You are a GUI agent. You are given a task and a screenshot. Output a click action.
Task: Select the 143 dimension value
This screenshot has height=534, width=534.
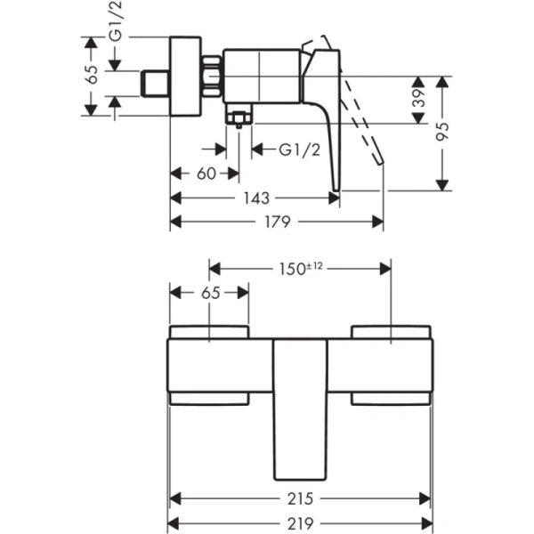pos(255,198)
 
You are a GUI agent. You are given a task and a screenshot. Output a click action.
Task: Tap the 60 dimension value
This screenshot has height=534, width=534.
pos(206,174)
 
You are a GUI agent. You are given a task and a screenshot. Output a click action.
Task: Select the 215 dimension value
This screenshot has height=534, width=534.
pos(301,499)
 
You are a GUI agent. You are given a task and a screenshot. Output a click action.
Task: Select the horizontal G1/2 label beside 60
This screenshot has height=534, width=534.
pos(299,150)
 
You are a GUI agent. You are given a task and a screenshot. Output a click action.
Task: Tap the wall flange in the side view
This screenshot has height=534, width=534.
pos(185,76)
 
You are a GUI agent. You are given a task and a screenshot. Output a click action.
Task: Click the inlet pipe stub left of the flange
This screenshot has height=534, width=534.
pos(156,83)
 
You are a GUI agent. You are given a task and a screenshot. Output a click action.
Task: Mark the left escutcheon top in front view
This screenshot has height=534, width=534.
pos(209,333)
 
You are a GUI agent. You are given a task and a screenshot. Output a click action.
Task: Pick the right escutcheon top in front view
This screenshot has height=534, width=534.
pos(392,333)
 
